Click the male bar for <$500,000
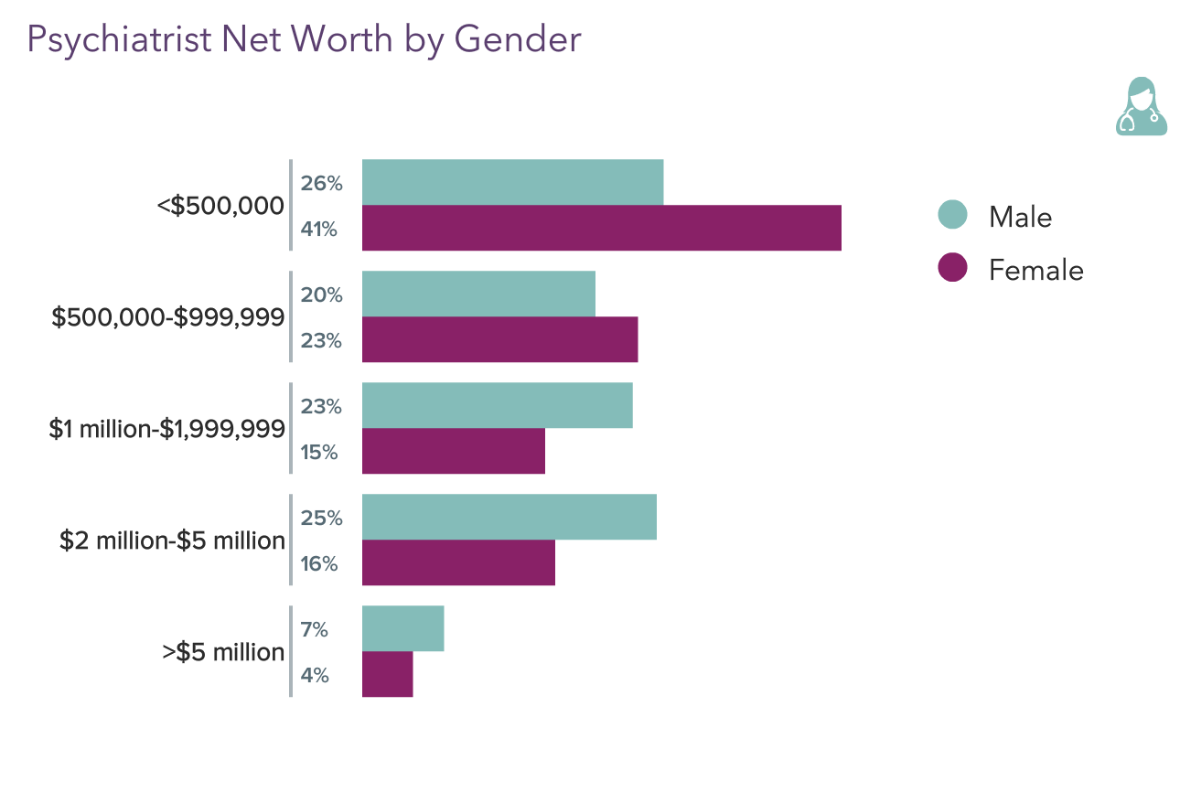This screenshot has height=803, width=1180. coord(512,182)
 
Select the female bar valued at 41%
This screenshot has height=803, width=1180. coord(601,228)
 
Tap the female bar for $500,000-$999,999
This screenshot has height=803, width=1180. coord(499,339)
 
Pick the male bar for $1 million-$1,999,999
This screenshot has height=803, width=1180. coord(497,405)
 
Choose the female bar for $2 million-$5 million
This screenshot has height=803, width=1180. coord(458,562)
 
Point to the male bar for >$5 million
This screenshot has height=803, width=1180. coord(402,628)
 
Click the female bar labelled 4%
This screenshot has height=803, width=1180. coord(387,674)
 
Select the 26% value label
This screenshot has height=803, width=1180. coord(321,184)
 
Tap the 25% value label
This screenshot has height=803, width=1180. coord(321,519)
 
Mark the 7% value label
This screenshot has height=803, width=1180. coord(314,630)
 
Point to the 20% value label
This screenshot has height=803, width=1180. coord(321,295)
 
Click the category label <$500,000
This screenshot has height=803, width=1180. coord(220,206)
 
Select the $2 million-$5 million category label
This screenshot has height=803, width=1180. coord(172,541)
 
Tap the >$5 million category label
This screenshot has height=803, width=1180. coord(223,652)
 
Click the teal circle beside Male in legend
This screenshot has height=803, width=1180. coord(952,216)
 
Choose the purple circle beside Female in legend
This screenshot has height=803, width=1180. coord(952,269)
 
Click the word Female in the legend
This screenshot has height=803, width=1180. coord(1035,270)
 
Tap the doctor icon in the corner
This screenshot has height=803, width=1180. coord(1141,107)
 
